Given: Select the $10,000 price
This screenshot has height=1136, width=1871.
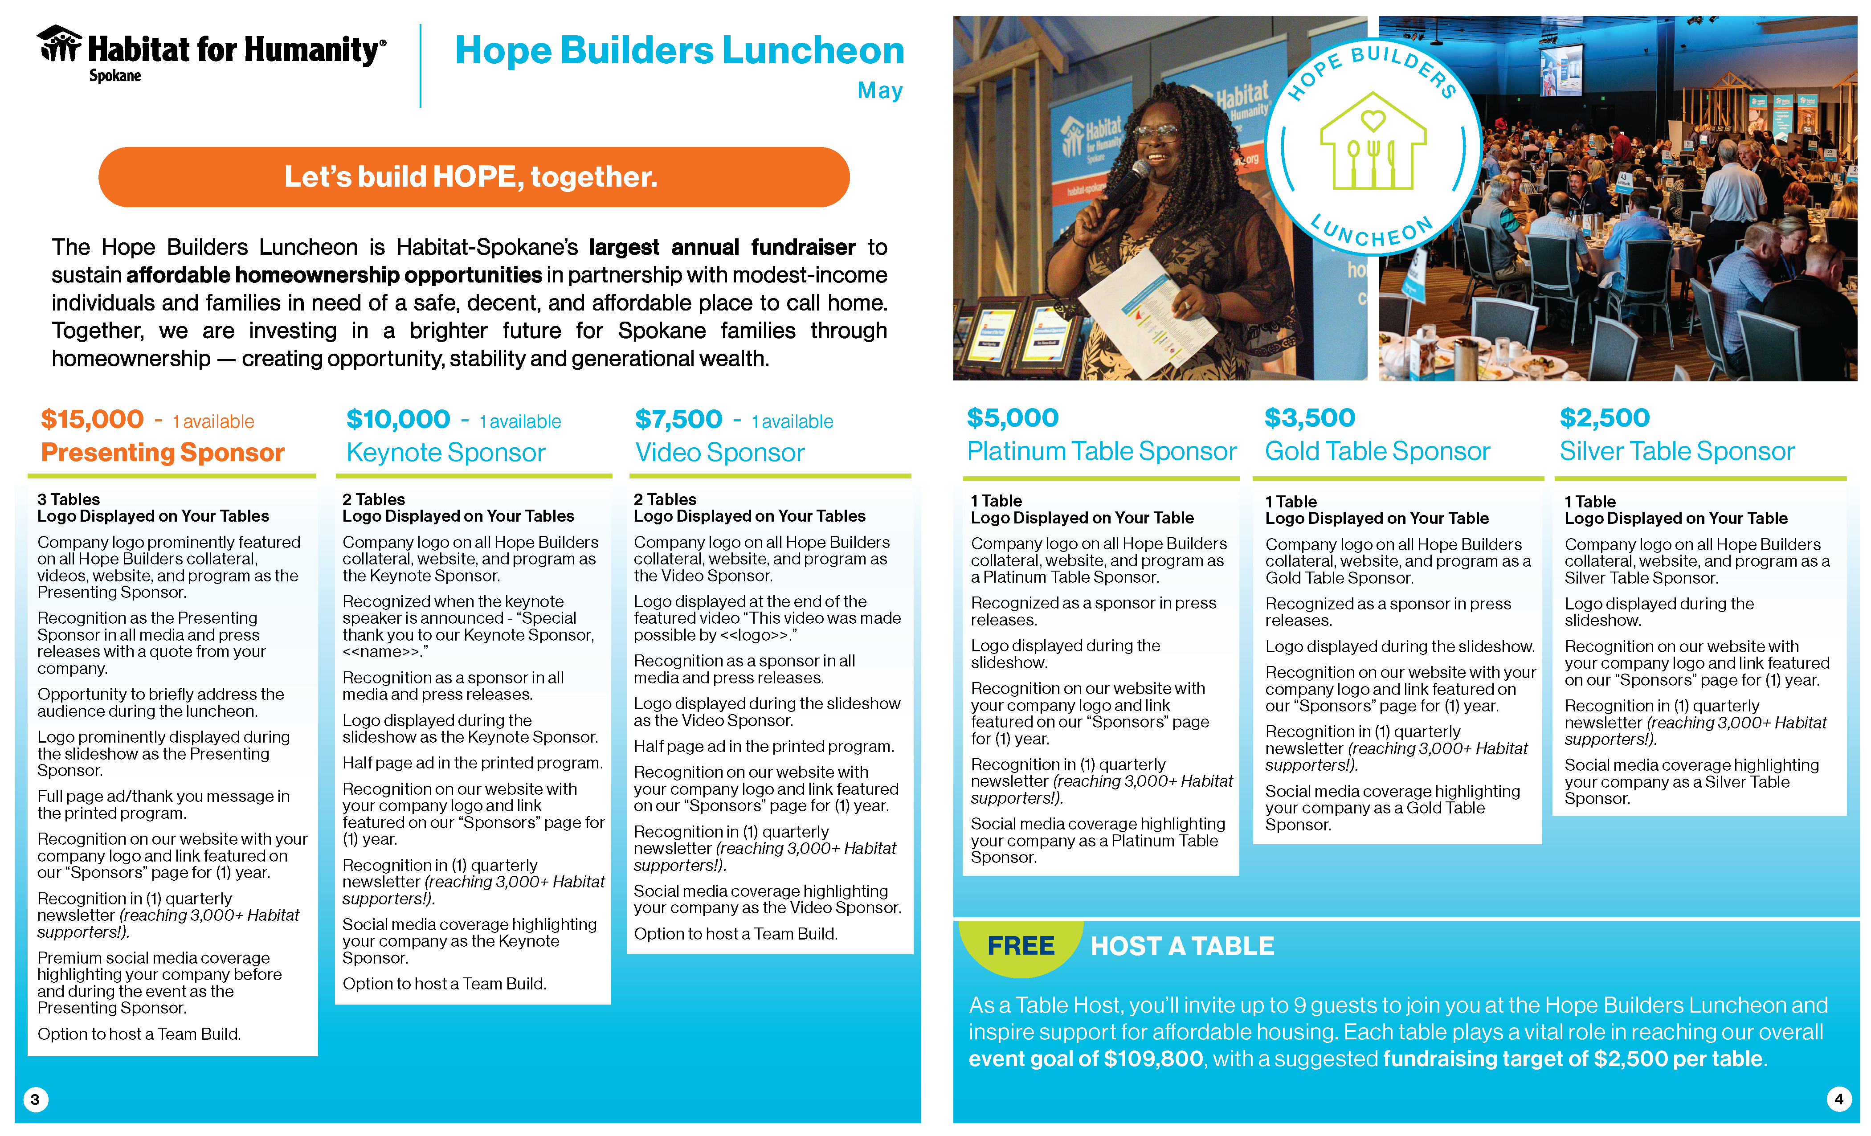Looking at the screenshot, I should pos(398,419).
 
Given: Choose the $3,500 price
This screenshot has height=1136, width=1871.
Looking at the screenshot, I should pos(1309,418).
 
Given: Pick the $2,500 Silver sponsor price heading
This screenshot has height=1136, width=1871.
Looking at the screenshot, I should pos(1605,418).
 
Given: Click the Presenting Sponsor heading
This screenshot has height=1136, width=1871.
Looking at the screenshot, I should pos(163,453).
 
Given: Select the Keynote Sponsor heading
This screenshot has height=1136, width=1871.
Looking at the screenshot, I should pos(446,453).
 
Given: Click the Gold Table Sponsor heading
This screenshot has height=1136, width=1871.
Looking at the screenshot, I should pos(1377,451).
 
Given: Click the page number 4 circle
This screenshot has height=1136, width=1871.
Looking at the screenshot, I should pos(1838,1099).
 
